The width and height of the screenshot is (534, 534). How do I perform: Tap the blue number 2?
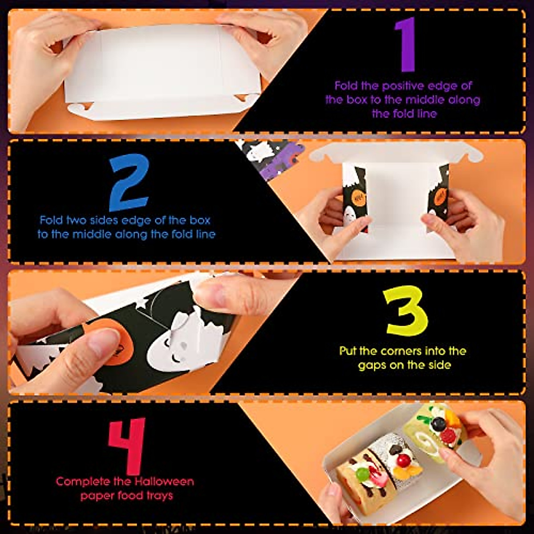coord(129,182)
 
